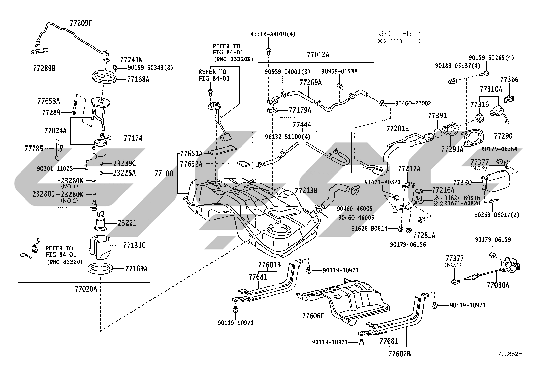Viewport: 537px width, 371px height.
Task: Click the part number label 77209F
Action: [81, 23]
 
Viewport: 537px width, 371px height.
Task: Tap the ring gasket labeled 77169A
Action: [100, 269]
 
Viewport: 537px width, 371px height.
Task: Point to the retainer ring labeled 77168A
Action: [104, 76]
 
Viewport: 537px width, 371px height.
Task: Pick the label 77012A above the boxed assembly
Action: [318, 55]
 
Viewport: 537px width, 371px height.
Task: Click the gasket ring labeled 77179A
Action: [273, 111]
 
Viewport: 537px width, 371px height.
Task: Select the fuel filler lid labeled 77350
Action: [496, 181]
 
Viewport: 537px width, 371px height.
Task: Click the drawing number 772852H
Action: [510, 354]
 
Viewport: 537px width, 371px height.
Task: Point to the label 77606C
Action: [313, 316]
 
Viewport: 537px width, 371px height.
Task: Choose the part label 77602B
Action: [399, 354]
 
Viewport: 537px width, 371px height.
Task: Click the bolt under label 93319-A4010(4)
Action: [268, 51]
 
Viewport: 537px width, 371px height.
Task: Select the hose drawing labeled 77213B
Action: [334, 195]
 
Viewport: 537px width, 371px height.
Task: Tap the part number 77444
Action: [302, 125]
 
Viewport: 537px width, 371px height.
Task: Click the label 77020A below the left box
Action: [86, 289]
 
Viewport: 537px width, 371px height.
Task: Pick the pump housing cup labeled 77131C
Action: [100, 247]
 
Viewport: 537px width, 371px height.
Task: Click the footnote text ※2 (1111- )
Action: [399, 41]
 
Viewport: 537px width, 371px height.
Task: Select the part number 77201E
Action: [397, 129]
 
